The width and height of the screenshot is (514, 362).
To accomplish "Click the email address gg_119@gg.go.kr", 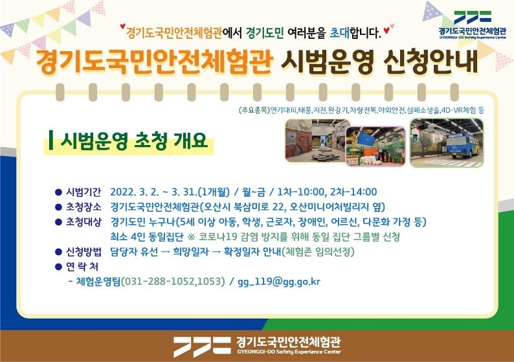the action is click(x=279, y=282).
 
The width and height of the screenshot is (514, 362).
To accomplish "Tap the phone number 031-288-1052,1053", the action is click(x=173, y=281).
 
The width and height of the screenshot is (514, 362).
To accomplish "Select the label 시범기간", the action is click(x=84, y=192).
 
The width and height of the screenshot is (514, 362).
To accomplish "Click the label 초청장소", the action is click(x=84, y=207).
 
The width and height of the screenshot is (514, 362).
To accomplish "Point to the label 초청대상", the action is click(x=84, y=222).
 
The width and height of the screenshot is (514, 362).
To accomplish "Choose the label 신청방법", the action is click(x=84, y=252).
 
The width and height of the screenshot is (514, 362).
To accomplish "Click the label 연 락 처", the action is click(x=82, y=267).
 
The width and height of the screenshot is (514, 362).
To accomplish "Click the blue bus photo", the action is click(x=447, y=143).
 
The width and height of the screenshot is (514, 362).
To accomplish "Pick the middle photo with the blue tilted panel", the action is click(x=376, y=146).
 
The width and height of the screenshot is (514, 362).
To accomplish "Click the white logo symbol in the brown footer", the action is click(x=202, y=346).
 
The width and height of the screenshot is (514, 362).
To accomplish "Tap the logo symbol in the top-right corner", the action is click(x=473, y=17).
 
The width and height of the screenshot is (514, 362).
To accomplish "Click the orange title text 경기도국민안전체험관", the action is click(x=154, y=62).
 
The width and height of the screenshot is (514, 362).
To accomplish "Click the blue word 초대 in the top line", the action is click(x=340, y=32).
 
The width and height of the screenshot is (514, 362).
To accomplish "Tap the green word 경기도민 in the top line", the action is click(x=265, y=32).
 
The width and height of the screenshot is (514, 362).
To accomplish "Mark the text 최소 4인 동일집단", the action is click(x=147, y=237).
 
